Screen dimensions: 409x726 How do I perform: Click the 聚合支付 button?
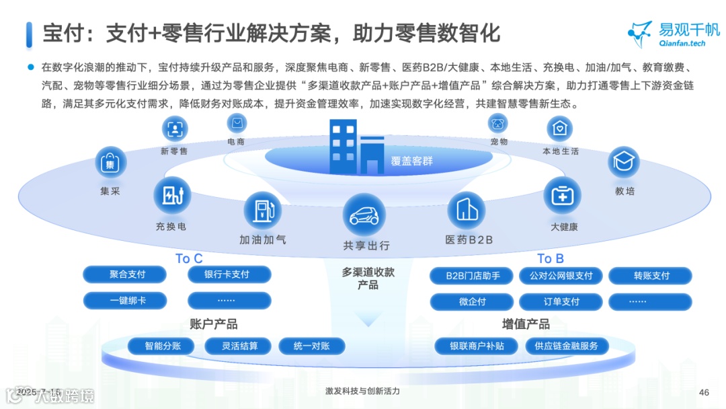(x=127, y=274)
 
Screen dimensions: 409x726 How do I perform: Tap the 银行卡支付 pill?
(x=229, y=274)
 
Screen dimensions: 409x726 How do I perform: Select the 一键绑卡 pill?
(x=127, y=301)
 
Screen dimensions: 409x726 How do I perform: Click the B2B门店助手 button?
(x=473, y=276)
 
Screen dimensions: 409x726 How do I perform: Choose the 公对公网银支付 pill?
(x=561, y=276)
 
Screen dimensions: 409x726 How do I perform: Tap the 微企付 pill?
(x=473, y=301)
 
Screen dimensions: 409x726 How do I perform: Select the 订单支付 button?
(x=561, y=301)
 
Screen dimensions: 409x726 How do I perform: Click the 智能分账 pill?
(x=161, y=346)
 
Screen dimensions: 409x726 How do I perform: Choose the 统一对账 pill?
(x=311, y=346)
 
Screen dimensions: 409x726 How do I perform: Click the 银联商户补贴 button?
(x=477, y=346)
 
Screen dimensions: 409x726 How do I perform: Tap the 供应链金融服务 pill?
(x=566, y=346)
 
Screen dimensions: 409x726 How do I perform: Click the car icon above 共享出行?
(x=364, y=215)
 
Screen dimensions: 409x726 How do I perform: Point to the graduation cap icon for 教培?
(x=624, y=162)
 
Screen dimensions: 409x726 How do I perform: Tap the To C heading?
(x=189, y=258)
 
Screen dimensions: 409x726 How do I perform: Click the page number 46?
(x=704, y=392)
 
